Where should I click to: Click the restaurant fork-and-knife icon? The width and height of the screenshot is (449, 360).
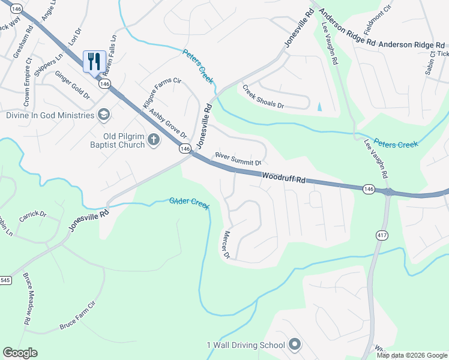pos(94,61)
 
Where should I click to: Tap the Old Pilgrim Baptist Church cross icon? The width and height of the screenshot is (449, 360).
pos(154,140)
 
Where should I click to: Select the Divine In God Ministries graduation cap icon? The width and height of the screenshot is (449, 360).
pos(104,115)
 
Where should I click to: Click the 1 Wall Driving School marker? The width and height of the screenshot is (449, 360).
pos(294,344)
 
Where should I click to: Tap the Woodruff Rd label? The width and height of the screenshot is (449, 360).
pos(284,177)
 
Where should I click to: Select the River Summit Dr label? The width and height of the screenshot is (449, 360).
pos(238,160)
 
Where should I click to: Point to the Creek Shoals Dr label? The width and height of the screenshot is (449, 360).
pos(263,97)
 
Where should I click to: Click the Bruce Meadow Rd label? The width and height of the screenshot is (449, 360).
pos(27,299)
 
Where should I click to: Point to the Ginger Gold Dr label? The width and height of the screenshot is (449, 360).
pos(72,85)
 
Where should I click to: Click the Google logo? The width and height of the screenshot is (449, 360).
pos(20,353)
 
